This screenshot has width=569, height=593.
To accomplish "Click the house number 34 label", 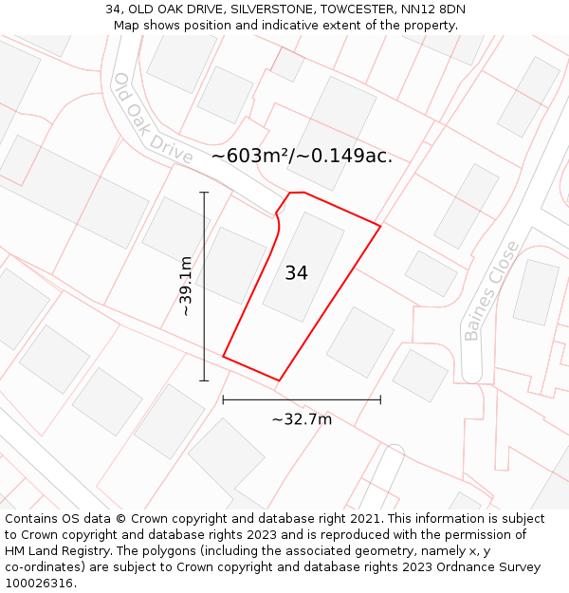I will click(x=296, y=273).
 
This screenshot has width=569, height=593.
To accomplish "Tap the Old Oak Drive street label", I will click(x=152, y=119).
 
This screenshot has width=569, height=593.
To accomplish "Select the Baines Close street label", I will click(x=491, y=290).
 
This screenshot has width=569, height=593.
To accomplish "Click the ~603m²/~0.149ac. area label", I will click(x=302, y=156).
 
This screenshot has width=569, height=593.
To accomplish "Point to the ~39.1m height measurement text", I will click(x=186, y=286).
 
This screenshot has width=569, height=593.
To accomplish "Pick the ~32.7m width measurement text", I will click(x=302, y=419).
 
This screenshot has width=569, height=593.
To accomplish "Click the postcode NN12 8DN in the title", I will click(x=433, y=9).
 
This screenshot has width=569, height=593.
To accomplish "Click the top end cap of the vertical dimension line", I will click(x=204, y=192).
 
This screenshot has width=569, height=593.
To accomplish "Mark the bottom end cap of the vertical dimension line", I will click(x=204, y=380).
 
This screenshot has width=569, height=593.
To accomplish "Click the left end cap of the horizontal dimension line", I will click(x=223, y=399).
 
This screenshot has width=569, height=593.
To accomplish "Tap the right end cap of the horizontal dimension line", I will click(x=380, y=399).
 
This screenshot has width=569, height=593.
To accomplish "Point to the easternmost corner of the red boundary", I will click(x=380, y=226).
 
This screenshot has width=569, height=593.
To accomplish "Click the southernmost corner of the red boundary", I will click(x=279, y=380).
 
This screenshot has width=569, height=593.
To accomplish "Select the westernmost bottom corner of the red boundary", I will click(x=223, y=357).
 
